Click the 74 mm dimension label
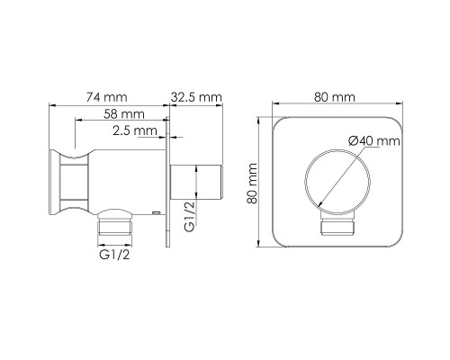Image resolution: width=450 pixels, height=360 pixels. click(x=107, y=97)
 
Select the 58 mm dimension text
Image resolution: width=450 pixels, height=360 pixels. click(x=124, y=114)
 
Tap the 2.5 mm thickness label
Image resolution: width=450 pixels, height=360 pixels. click(x=135, y=130)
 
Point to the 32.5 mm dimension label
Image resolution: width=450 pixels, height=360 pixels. click(x=196, y=97)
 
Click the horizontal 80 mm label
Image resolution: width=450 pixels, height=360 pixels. click(x=335, y=97)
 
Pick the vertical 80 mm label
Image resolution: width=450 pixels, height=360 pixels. click(x=252, y=184)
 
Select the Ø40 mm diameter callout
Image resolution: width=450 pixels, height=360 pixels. click(x=374, y=140)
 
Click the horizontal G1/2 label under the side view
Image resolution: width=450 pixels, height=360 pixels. click(x=114, y=255)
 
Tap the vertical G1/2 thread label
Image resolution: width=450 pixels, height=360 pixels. click(x=190, y=216)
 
